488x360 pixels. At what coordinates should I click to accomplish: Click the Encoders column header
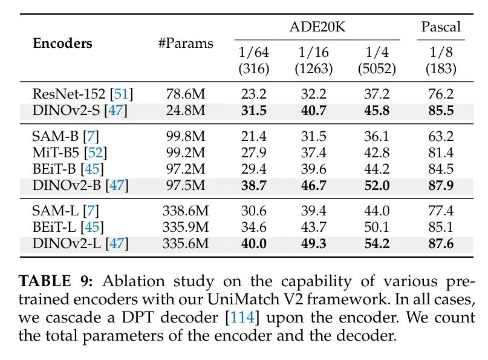62,44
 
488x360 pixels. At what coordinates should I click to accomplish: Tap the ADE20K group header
317,27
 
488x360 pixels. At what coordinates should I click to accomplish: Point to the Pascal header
441,27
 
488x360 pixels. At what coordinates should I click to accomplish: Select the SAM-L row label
56,212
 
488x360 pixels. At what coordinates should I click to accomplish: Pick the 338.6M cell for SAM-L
186,212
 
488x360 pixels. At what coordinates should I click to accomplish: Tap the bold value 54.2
380,243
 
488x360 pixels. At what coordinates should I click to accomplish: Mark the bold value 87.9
441,183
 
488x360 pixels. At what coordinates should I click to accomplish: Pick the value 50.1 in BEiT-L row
380,227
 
